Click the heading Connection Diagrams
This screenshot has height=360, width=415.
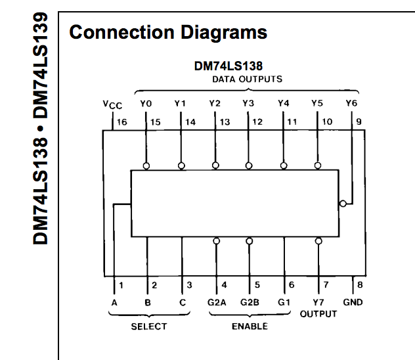pyautogui.click(x=167, y=32)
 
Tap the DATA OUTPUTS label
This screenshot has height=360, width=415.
pyautogui.click(x=247, y=79)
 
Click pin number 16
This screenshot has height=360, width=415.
pyautogui.click(x=122, y=122)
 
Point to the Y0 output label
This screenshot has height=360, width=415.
pyautogui.click(x=146, y=103)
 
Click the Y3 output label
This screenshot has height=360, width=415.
pyautogui.click(x=248, y=103)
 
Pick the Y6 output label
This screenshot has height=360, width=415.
pyautogui.click(x=352, y=103)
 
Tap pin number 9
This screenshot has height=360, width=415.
pyautogui.click(x=359, y=122)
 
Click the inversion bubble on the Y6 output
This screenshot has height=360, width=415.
pyautogui.click(x=343, y=204)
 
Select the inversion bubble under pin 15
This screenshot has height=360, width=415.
pyautogui.click(x=146, y=166)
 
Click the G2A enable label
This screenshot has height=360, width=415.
pyautogui.click(x=216, y=302)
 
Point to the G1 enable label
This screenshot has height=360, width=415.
pyautogui.click(x=284, y=302)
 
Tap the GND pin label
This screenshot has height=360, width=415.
pyautogui.click(x=352, y=302)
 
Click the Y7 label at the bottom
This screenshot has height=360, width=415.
pyautogui.click(x=318, y=302)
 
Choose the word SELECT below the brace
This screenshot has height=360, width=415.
pyautogui.click(x=148, y=326)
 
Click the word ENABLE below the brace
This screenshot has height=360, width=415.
pyautogui.click(x=250, y=326)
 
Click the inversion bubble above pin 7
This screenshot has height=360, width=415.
pyautogui.click(x=318, y=241)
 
